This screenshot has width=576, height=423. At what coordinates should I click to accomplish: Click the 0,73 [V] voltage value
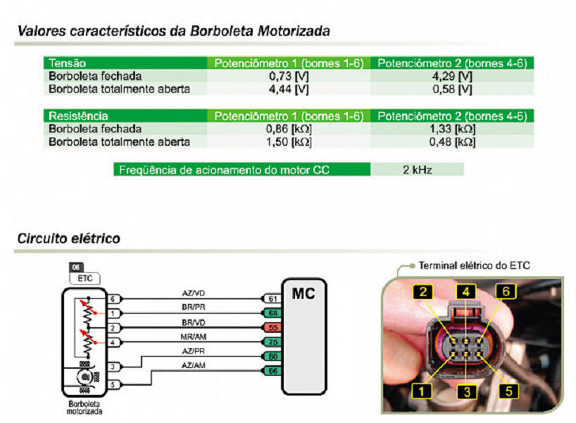(289, 76)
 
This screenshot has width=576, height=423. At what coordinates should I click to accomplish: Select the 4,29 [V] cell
(452, 76)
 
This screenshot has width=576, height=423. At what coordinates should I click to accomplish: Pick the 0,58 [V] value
(452, 90)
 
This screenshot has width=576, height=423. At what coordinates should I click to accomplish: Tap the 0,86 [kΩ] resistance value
(289, 129)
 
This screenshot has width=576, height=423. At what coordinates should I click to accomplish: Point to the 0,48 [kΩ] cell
(452, 142)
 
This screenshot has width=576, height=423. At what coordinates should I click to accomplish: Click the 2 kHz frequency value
(418, 170)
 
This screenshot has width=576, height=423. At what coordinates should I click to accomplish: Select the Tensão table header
(67, 63)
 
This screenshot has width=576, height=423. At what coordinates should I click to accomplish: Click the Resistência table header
(78, 116)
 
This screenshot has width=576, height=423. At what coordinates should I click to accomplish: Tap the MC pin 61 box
(273, 299)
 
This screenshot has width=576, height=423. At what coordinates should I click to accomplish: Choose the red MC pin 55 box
(273, 327)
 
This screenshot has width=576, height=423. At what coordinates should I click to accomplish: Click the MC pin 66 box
(273, 371)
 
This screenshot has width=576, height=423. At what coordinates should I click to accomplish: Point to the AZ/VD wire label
(193, 293)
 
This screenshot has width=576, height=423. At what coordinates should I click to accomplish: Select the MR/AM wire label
(193, 336)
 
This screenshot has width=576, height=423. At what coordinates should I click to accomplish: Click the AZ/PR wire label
(193, 351)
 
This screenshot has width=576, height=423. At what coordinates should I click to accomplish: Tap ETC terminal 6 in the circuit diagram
(113, 299)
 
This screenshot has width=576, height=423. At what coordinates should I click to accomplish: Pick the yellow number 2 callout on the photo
(424, 292)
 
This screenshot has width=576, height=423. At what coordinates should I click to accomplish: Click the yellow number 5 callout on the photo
(508, 391)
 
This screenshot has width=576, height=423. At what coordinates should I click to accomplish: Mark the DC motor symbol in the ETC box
(85, 377)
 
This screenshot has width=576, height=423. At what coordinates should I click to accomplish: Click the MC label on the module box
(303, 293)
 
